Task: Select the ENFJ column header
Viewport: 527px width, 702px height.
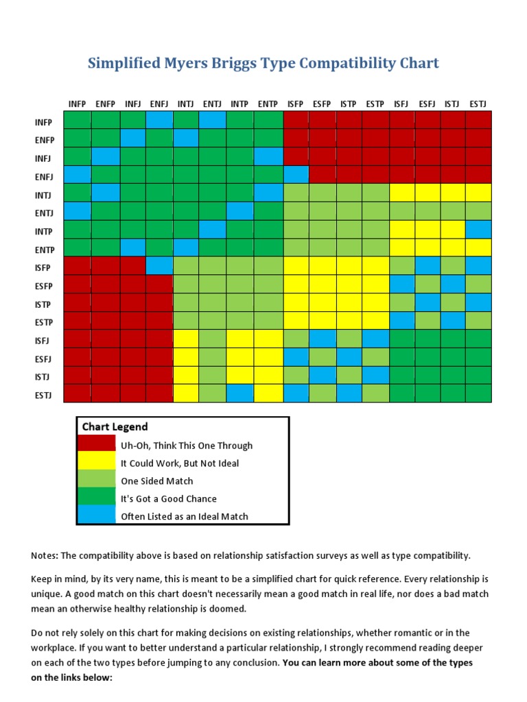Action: (159, 104)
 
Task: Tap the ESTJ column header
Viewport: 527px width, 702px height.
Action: (478, 104)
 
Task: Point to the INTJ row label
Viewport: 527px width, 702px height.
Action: (44, 195)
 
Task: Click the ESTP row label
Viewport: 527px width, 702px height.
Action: (44, 322)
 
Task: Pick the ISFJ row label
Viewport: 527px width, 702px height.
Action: (44, 340)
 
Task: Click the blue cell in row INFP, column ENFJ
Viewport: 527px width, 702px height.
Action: (159, 121)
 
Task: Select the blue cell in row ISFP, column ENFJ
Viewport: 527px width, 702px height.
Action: (159, 266)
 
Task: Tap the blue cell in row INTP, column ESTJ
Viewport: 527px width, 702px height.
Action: (478, 230)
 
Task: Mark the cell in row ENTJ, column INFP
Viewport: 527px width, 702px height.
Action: (77, 211)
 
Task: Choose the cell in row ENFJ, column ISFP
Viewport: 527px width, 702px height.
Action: (295, 175)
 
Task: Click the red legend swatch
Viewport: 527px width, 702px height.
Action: (96, 446)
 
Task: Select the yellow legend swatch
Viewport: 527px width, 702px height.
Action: (96, 463)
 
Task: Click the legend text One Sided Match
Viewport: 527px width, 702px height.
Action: (156, 481)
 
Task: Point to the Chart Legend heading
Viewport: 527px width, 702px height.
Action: (115, 426)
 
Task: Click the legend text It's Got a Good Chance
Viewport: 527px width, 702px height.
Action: (168, 499)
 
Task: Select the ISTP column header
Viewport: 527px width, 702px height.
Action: (349, 104)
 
